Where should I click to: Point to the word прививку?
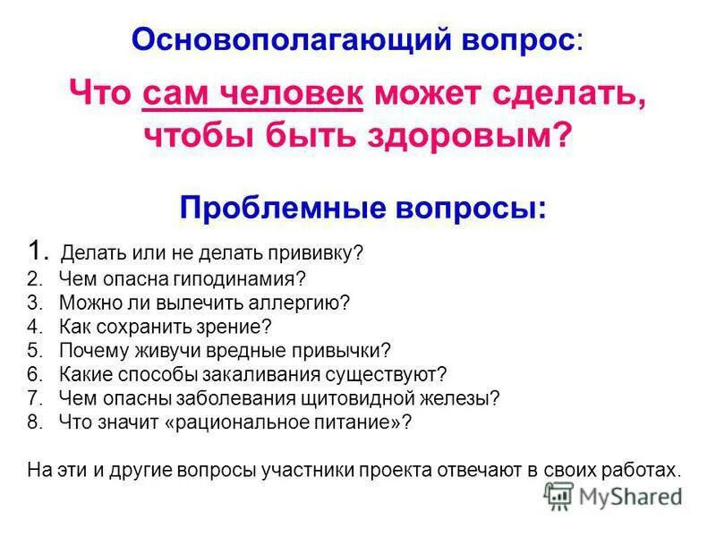[x=327, y=253]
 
